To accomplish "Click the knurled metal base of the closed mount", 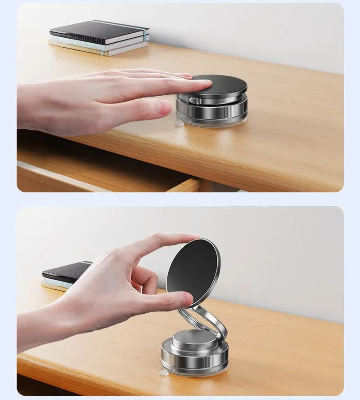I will (x=211, y=112).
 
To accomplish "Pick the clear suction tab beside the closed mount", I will (x=179, y=122).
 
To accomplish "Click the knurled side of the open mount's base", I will (x=193, y=360).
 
